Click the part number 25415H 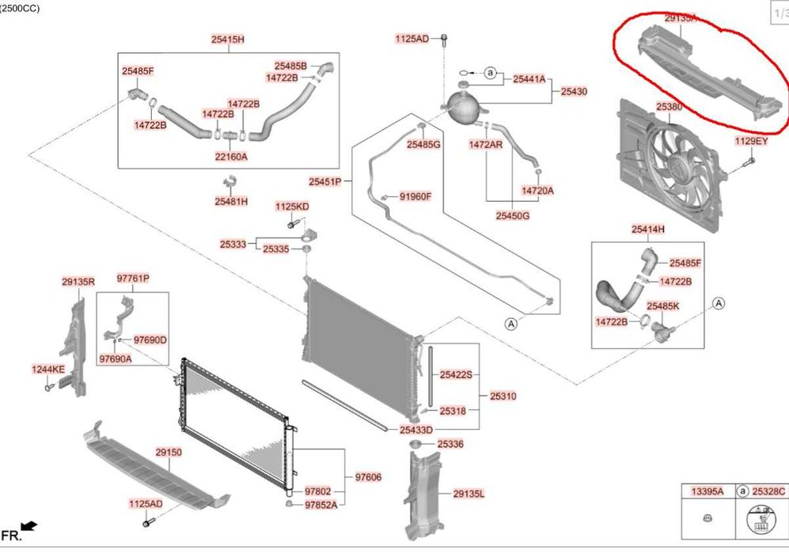tap(228, 39)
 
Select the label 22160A tap(230, 157)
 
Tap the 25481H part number tap(230, 202)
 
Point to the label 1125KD tap(292, 207)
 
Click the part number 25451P tap(325, 182)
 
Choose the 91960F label tap(415, 196)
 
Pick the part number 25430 tap(574, 92)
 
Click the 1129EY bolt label tap(751, 141)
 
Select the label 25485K tap(663, 305)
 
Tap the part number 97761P tap(133, 279)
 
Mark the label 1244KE tap(47, 369)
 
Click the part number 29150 tap(168, 453)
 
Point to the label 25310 tap(503, 396)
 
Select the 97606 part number tap(368, 476)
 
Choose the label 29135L tap(468, 494)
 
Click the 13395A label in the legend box tap(707, 491)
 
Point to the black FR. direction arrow tap(28, 526)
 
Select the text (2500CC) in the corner tap(21, 8)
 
